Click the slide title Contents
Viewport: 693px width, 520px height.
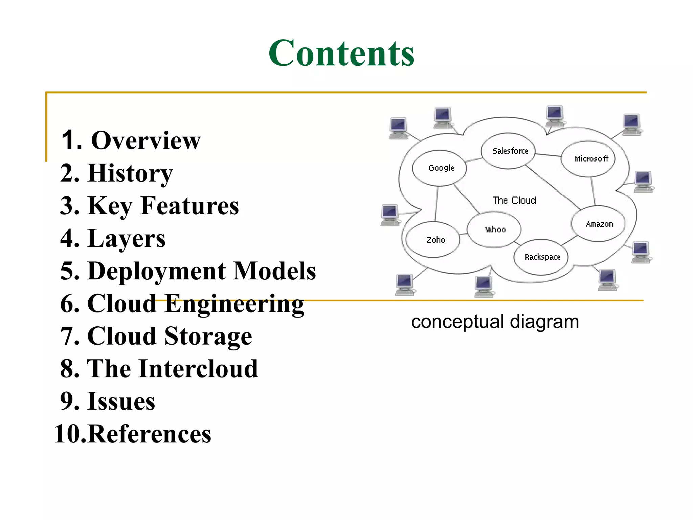click(x=341, y=53)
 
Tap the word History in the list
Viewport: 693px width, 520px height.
click(x=130, y=173)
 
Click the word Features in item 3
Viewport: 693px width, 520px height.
click(x=189, y=206)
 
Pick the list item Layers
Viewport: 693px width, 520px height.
click(x=126, y=239)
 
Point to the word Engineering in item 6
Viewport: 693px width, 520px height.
click(x=234, y=304)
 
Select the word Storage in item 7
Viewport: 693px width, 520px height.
click(x=208, y=336)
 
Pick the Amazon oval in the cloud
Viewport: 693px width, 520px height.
click(x=598, y=224)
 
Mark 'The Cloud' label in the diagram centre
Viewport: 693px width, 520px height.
click(x=514, y=201)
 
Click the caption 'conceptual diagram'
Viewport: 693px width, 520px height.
click(x=495, y=322)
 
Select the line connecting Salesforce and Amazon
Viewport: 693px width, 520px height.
click(x=553, y=187)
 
